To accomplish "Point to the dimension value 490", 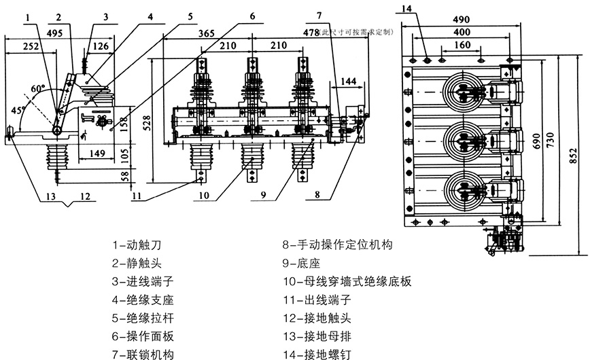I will pos(462,21).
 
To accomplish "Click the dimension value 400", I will pos(462,32).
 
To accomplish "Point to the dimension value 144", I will pos(347,81).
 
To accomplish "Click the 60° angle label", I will pos(37,89).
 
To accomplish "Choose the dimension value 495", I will pos(56,32).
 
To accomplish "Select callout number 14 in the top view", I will pos(406,7).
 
